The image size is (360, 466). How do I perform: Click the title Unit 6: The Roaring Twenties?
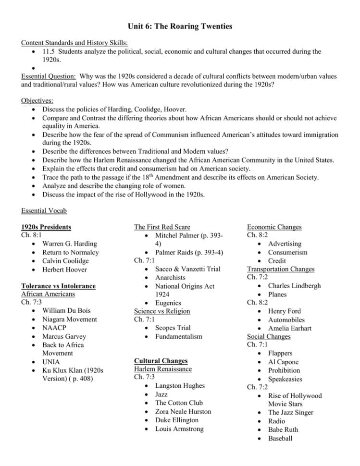coord(180,26)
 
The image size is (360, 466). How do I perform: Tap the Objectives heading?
coord(37,101)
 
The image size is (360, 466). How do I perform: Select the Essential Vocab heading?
coord(44,210)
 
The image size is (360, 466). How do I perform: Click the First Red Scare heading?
coord(162,227)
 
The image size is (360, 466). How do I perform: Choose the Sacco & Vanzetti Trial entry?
coord(187,269)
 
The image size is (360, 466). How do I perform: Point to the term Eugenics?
coord(168,303)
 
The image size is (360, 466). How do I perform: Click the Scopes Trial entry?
coord(173,328)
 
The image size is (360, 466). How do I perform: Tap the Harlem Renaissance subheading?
coord(162,369)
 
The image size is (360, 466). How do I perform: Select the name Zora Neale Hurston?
coord(183,412)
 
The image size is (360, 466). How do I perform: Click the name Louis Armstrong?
coord(179,429)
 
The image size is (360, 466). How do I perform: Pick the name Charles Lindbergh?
coord(294,286)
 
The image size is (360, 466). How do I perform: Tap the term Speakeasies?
coord(285,379)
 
